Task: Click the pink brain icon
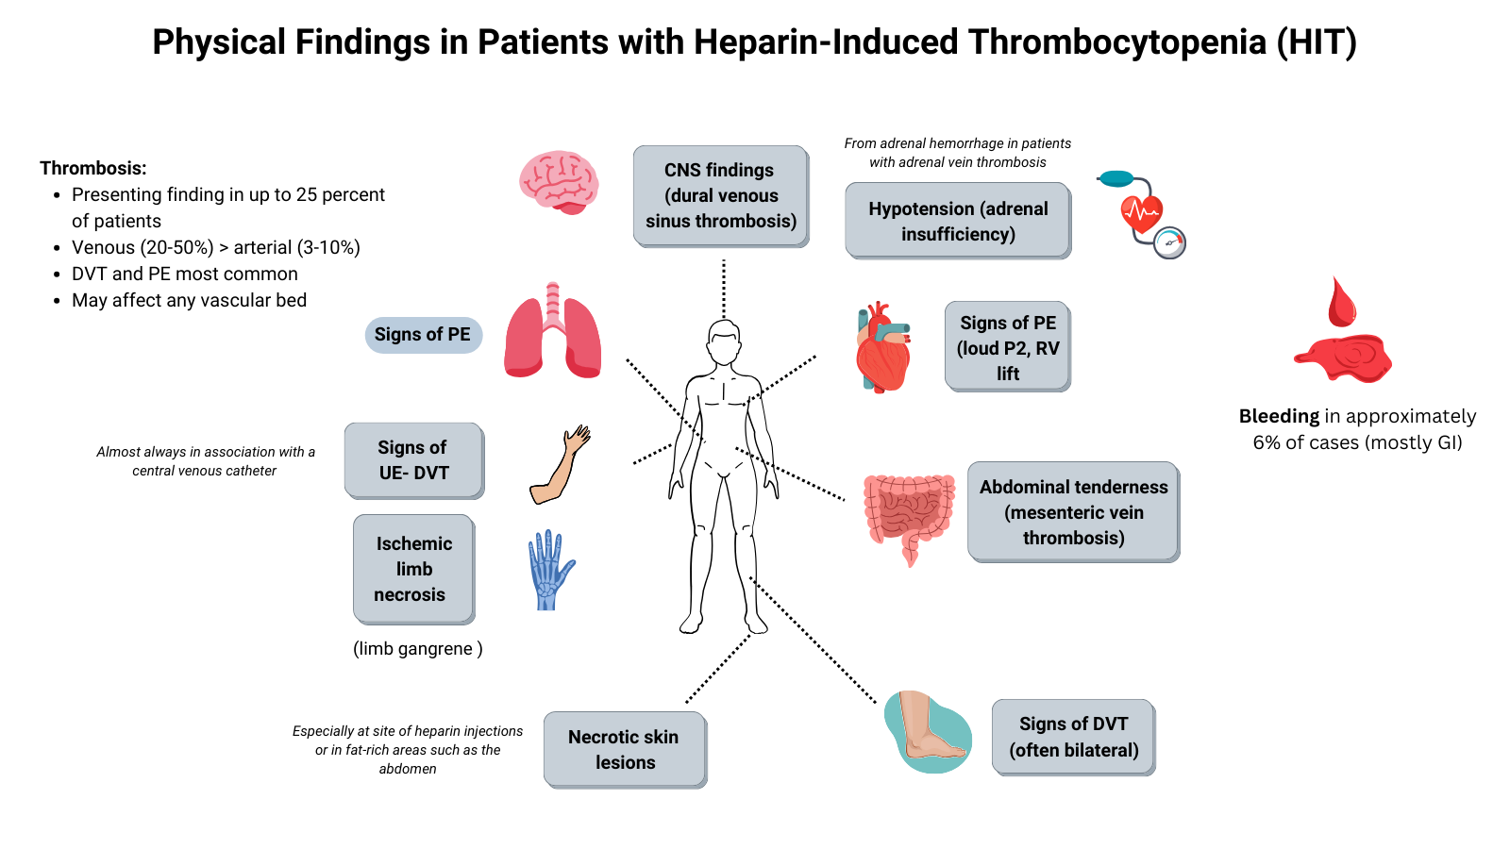coord(559,181)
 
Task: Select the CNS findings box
coord(720,195)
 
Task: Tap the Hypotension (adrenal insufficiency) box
coord(957,221)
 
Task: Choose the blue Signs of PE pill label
coord(423,335)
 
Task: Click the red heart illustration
coord(882,349)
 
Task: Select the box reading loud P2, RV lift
coord(1007,346)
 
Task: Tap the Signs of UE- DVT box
coord(413,460)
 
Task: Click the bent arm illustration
coord(560,465)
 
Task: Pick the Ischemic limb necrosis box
coord(413,569)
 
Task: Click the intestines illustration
coord(908,514)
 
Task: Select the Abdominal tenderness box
coord(1073,512)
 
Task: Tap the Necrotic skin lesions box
coord(624,749)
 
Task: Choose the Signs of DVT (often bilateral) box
coord(1073,737)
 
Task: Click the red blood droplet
coord(1341,302)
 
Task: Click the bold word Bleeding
coord(1279,416)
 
